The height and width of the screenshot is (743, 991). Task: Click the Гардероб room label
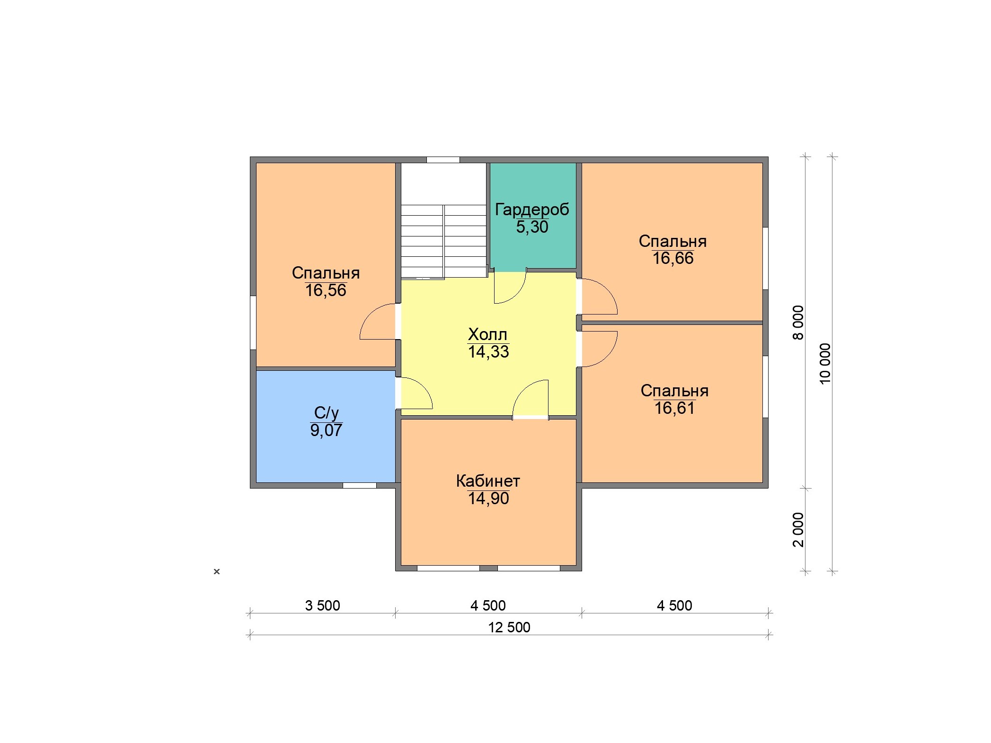tap(532, 210)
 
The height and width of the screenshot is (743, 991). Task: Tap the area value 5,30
tap(532, 227)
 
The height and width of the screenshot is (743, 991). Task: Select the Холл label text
tap(487, 334)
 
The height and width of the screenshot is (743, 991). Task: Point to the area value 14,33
tap(488, 352)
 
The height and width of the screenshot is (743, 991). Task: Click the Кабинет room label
tap(488, 481)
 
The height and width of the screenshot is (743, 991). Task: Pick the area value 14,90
tap(488, 498)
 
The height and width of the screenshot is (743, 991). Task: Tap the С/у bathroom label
tap(326, 413)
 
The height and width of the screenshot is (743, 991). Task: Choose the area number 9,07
tap(326, 430)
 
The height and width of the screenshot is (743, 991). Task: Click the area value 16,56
tap(326, 290)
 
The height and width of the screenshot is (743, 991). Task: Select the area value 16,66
tap(673, 258)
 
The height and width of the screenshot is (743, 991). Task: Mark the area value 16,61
tap(674, 408)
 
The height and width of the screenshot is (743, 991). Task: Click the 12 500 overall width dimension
tap(509, 627)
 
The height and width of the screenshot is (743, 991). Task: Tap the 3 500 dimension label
tap(322, 605)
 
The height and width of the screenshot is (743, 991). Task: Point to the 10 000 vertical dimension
tap(825, 364)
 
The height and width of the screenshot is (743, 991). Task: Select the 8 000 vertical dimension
tap(798, 323)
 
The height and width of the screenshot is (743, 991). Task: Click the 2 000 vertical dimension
tap(798, 530)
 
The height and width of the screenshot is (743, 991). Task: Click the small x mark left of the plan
tap(217, 571)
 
